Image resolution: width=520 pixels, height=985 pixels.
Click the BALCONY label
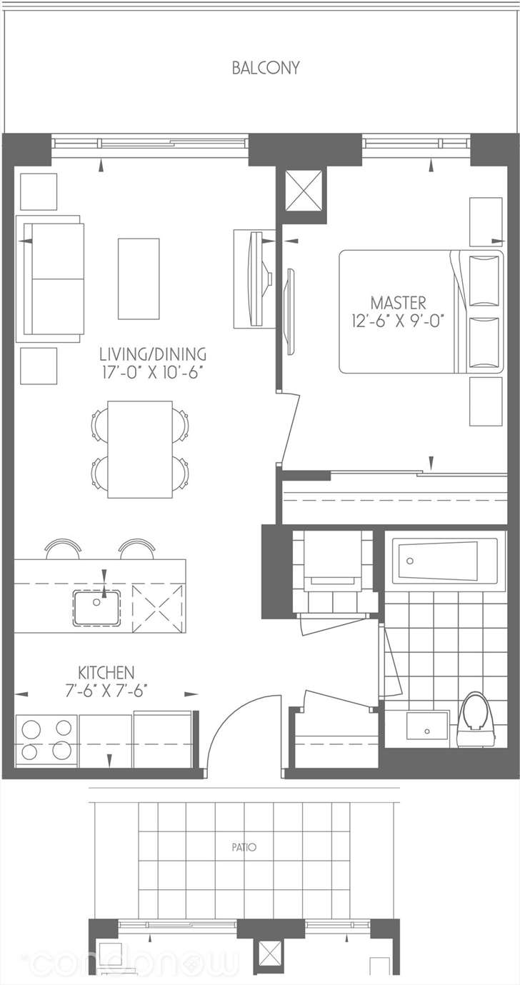tap(266, 68)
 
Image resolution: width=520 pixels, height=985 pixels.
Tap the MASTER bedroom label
tap(399, 303)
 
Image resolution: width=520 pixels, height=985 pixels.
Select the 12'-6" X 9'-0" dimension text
tap(396, 321)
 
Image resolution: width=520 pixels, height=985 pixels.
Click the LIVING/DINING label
tap(153, 354)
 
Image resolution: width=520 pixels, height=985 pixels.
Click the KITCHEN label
tap(106, 673)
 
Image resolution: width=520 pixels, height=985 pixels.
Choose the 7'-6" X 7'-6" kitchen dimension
tap(106, 691)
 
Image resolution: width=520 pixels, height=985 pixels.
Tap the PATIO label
tap(244, 847)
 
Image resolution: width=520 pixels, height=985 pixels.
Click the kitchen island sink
tap(96, 608)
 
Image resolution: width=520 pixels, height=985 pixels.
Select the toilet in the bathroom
tap(476, 720)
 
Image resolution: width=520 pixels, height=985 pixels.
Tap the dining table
tap(140, 449)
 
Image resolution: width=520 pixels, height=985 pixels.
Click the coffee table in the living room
tap(139, 279)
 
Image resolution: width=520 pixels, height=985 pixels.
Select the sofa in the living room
tap(50, 279)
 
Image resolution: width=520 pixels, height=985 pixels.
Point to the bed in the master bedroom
tap(421, 311)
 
